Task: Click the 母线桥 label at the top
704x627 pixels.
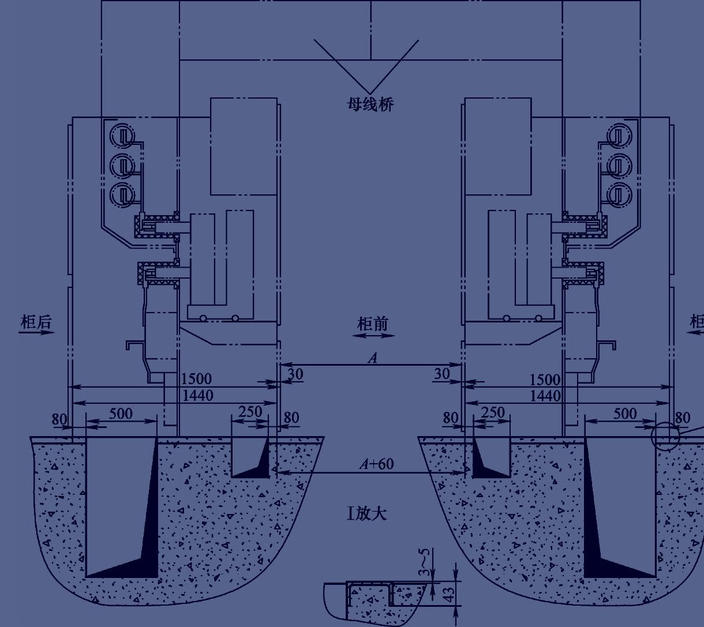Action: [370, 104]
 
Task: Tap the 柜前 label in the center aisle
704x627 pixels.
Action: [373, 324]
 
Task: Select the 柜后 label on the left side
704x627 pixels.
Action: [36, 321]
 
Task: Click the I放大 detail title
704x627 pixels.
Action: [366, 514]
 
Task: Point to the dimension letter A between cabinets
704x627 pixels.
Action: [373, 358]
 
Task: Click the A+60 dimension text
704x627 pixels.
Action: [377, 464]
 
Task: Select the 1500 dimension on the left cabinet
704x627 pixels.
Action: [196, 378]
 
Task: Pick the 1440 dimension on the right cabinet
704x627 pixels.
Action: [545, 396]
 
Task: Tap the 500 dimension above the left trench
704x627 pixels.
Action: [121, 414]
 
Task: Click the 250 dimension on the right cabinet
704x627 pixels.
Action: [493, 412]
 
